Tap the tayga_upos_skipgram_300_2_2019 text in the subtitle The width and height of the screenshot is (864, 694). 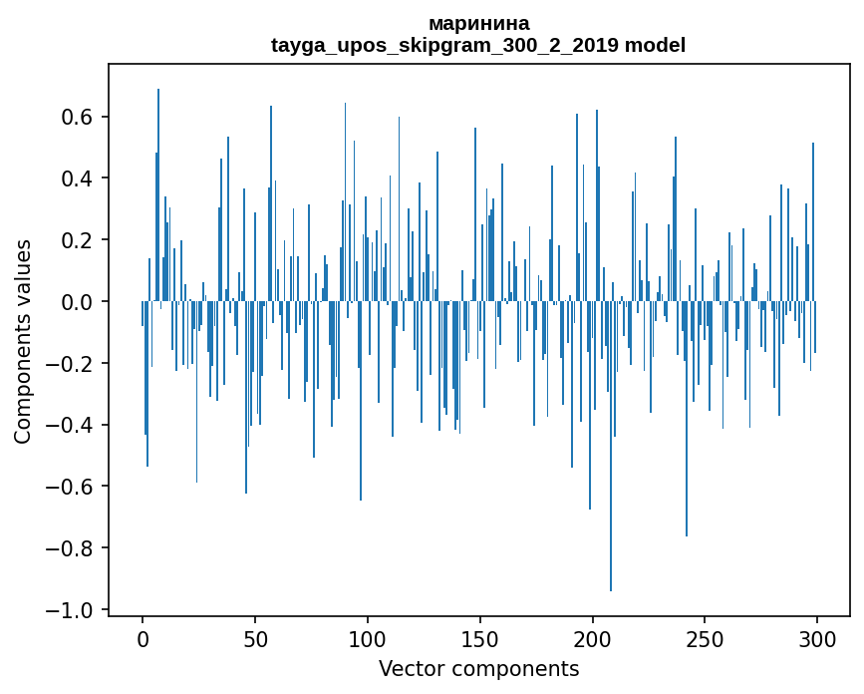click(x=445, y=45)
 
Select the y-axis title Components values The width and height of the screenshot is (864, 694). click(x=23, y=341)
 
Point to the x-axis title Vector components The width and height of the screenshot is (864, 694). click(x=478, y=669)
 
